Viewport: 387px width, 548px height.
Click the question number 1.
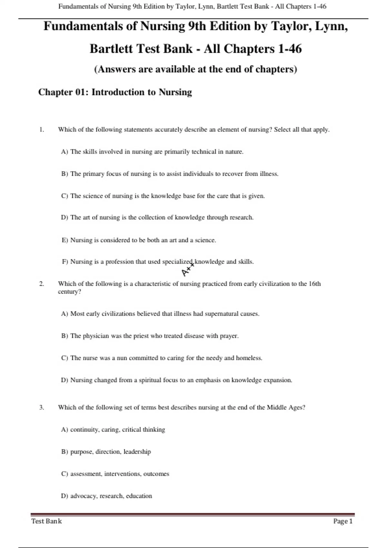(41, 130)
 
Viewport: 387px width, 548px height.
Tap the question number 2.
(41, 284)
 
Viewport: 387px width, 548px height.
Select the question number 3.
(41, 407)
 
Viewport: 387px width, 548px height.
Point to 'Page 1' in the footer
(343, 521)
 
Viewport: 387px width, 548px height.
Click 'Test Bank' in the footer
(46, 521)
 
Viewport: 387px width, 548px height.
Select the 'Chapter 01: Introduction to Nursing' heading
(115, 92)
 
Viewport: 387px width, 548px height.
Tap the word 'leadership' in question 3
(137, 452)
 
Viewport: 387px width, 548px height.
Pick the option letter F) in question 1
(65, 262)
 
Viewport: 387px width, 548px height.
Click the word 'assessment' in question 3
(85, 474)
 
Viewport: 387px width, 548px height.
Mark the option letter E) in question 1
(65, 240)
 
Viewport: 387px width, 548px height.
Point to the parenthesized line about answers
(195, 69)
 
